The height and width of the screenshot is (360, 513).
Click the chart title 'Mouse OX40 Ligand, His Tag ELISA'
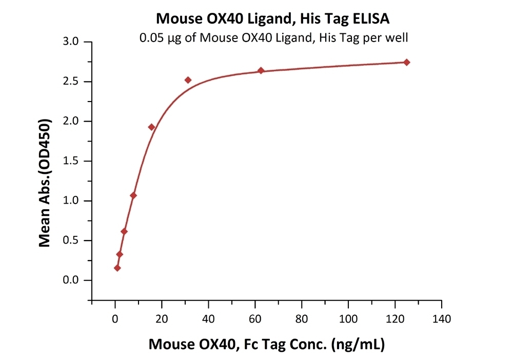272,18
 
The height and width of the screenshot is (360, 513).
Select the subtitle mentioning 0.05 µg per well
273,38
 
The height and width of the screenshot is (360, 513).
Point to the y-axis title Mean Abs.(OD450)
45,183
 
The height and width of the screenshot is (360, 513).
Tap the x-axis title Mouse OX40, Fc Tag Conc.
267,344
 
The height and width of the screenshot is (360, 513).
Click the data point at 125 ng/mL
407,63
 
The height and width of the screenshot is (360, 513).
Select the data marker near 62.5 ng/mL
261,71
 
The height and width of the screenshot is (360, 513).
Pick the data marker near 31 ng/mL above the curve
188,80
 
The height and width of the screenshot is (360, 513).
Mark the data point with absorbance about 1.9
151,127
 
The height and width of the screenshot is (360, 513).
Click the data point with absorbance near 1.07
133,195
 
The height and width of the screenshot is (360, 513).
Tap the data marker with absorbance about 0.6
124,231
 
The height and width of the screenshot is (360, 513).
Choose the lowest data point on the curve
117,268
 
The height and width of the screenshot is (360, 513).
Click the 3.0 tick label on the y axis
71,42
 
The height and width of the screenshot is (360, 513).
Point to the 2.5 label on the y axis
71,82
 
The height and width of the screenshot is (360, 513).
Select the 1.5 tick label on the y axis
71,161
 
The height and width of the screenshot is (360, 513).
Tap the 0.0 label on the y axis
71,280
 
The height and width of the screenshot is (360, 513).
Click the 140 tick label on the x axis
442,319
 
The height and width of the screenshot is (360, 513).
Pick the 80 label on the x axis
302,319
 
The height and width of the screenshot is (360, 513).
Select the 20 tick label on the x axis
162,319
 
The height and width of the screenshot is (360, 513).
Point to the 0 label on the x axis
115,319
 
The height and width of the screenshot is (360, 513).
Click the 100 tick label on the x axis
348,319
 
